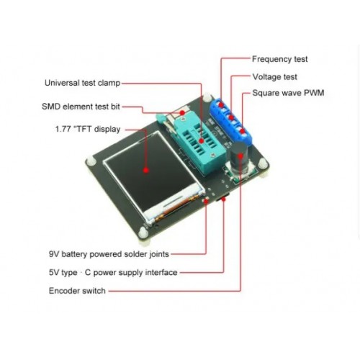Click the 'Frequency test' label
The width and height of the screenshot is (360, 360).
279,59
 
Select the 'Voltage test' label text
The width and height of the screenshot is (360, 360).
274,77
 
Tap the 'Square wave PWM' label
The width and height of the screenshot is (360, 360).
288,93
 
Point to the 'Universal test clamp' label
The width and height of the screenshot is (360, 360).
82,83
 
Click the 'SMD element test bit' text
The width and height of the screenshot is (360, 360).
81,107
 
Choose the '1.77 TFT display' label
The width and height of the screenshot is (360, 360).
88,129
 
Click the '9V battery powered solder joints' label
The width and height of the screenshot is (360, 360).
109,254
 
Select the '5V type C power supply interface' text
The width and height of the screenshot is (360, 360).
113,272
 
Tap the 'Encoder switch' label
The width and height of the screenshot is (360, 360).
77,291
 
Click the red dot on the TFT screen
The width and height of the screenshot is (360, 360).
146,170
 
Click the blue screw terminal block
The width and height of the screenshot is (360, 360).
231,120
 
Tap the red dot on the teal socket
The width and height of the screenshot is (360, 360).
201,141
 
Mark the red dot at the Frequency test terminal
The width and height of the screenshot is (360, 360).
221,105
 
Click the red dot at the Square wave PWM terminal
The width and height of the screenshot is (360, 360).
243,131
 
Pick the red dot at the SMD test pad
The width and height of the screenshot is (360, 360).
183,112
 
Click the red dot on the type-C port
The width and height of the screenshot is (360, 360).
223,199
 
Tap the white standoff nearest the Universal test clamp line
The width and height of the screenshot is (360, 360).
207,98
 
